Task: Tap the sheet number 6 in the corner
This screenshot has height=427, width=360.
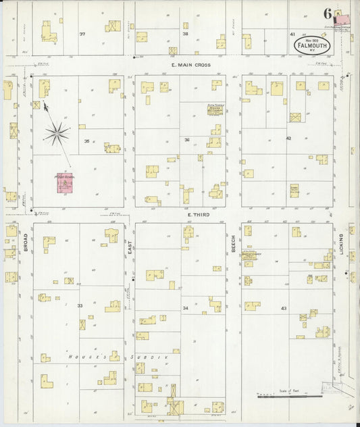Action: tap(327, 14)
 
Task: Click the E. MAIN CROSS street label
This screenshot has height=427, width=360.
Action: tap(190, 65)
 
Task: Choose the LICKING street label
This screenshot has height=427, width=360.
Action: tap(342, 244)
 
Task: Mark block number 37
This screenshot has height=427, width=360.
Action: tap(82, 34)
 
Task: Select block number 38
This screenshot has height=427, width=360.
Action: tap(185, 33)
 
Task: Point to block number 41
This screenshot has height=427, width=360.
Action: tap(292, 34)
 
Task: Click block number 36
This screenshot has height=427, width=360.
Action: tap(186, 140)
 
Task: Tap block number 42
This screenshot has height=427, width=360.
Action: tap(288, 139)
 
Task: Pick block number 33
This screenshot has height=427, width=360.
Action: tap(80, 306)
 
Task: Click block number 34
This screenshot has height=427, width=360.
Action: tap(185, 308)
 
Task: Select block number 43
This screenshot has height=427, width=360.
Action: tap(284, 309)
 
